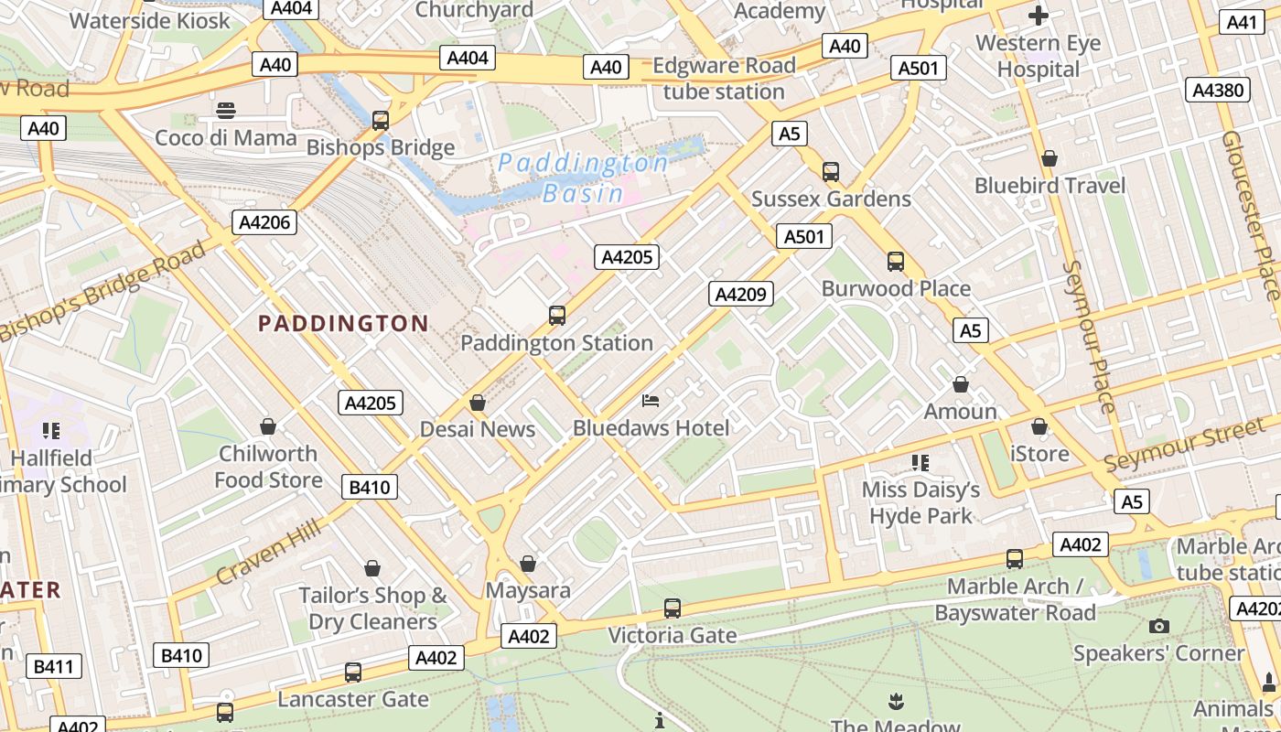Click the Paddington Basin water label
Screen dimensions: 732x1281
click(x=583, y=178)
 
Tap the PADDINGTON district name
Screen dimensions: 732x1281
click(x=343, y=323)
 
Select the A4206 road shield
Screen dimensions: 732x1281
click(x=264, y=221)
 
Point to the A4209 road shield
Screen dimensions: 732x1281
click(x=741, y=294)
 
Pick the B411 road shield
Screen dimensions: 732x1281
click(x=53, y=666)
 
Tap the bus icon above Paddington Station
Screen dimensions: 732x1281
click(x=556, y=316)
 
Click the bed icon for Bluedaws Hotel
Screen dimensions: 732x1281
click(x=651, y=401)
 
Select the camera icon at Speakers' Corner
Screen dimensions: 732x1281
click(x=1158, y=626)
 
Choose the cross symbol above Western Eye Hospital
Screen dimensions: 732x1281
click(x=1038, y=16)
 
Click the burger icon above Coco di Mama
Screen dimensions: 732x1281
click(x=226, y=111)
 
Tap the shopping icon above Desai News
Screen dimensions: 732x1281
click(x=477, y=403)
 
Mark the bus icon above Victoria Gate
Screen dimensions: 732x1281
click(x=672, y=608)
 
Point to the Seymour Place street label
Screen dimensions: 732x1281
click(x=1088, y=337)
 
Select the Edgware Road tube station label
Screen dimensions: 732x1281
click(x=724, y=79)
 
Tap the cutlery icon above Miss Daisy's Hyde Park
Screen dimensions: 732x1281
click(x=920, y=463)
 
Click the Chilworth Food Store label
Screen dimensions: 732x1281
click(x=268, y=467)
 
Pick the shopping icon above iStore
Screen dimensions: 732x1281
click(x=1039, y=427)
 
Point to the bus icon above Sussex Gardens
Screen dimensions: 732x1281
click(x=830, y=171)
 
